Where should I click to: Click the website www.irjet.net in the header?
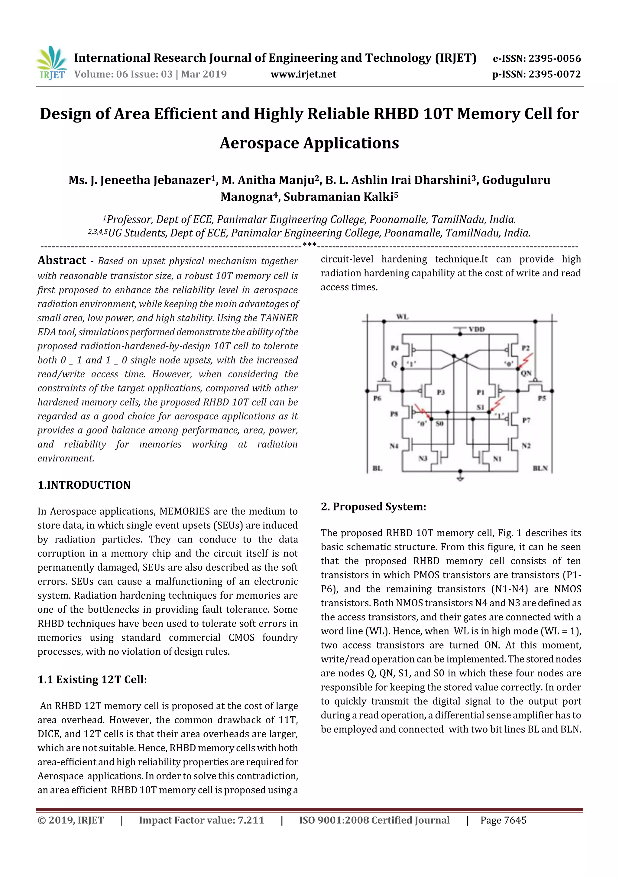pyautogui.click(x=303, y=74)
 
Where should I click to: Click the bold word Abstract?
pyautogui.click(x=62, y=260)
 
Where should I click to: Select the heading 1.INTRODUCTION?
pyautogui.click(x=84, y=485)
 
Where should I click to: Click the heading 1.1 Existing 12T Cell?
pyautogui.click(x=92, y=679)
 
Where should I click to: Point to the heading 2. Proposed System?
pyautogui.click(x=373, y=507)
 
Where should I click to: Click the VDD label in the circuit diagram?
pyautogui.click(x=476, y=329)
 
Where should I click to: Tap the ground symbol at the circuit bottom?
pyautogui.click(x=460, y=477)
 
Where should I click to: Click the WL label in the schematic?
pyautogui.click(x=402, y=317)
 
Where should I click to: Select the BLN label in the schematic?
pyautogui.click(x=540, y=468)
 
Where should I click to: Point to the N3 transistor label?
pyautogui.click(x=423, y=458)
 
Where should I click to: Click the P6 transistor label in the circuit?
pyautogui.click(x=377, y=398)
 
